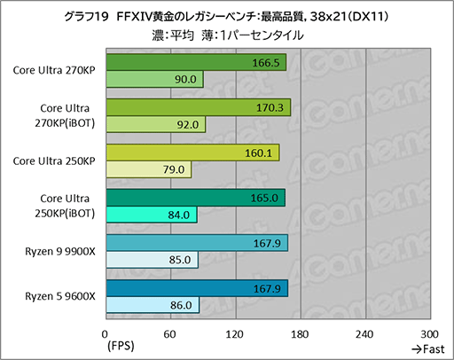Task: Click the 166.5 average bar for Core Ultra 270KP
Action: [x=195, y=64]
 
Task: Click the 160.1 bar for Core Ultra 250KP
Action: [x=192, y=153]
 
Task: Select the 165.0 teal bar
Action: [x=194, y=198]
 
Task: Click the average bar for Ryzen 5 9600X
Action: [x=196, y=287]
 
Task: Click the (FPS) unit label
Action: [x=122, y=346]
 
